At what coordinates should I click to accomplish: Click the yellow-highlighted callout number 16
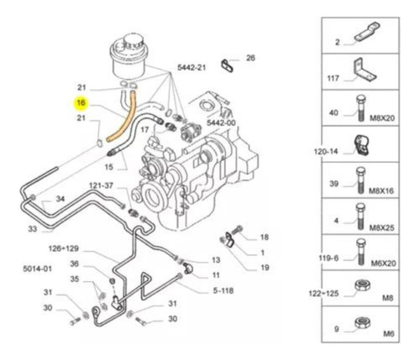(x=81, y=103)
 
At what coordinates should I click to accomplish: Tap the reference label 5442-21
(x=192, y=67)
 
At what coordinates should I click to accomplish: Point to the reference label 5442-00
(x=221, y=123)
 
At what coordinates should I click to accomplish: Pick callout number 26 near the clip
(x=250, y=58)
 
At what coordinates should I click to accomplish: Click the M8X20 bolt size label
(x=382, y=118)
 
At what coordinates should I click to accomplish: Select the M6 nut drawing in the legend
(x=363, y=323)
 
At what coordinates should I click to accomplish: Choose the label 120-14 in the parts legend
(x=326, y=152)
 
